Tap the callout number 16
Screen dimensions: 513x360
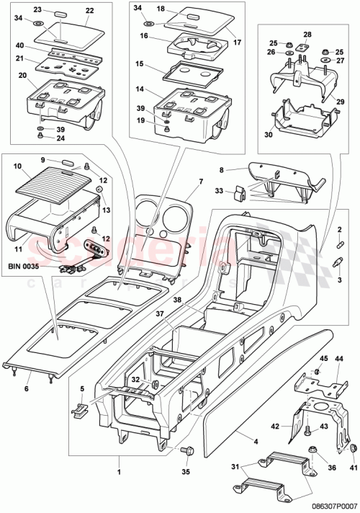144,35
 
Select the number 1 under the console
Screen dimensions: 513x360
119,473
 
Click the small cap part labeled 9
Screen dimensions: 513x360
67,164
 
